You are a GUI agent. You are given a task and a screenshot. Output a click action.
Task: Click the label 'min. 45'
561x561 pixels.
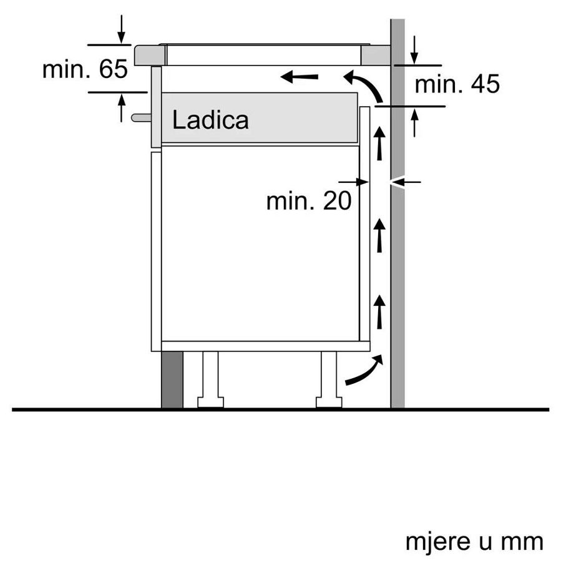[x=457, y=84]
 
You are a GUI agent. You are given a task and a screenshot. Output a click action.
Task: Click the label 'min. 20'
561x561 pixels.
[x=308, y=201]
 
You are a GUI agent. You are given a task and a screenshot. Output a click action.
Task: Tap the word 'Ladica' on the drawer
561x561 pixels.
[x=210, y=120]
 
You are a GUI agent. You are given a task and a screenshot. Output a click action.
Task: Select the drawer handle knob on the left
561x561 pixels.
[x=140, y=116]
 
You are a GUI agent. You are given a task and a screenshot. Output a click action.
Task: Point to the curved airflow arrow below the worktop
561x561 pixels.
[x=366, y=85]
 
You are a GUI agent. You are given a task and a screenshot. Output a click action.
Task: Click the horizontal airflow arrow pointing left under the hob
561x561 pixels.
[x=299, y=77]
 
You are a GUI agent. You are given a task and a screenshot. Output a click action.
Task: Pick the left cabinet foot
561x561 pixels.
[x=210, y=381]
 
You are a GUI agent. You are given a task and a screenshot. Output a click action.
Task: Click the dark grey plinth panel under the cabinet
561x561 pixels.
[x=172, y=379]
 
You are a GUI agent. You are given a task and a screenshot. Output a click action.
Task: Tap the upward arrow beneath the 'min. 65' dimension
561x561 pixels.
[x=121, y=107]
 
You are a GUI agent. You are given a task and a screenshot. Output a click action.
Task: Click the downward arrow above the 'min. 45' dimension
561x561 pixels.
[x=415, y=50]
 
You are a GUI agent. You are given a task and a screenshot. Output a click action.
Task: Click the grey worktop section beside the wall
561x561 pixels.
[x=376, y=55]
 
